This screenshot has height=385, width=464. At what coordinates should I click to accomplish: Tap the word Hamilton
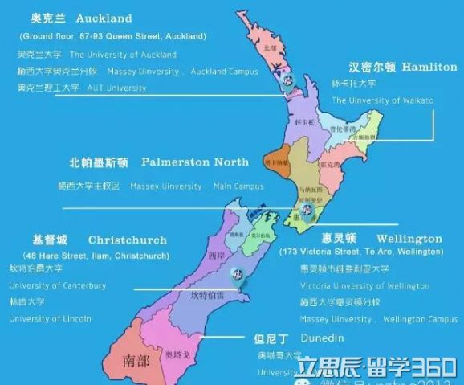pyautogui.click(x=428, y=67)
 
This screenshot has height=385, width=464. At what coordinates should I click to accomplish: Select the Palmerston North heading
pyautogui.click(x=195, y=162)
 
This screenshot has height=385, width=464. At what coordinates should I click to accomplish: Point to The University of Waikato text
pyautogui.click(x=382, y=100)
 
